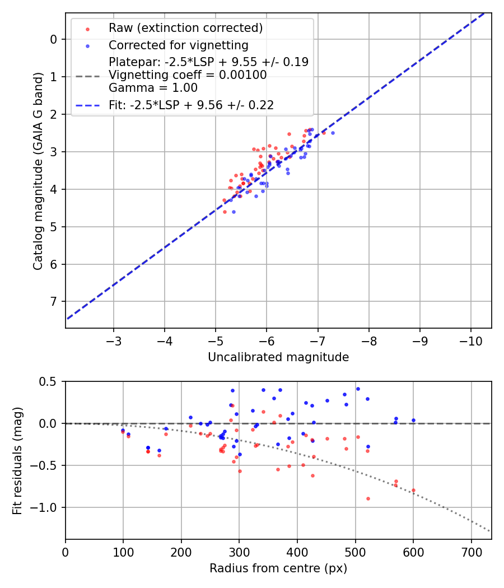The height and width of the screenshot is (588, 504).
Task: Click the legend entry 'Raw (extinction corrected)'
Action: [x=185, y=28]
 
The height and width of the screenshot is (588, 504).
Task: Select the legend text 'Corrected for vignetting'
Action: [x=179, y=45]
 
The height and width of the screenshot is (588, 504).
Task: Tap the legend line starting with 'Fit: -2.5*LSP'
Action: [x=191, y=104]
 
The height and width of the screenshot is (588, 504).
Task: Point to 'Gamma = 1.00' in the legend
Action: [x=153, y=87]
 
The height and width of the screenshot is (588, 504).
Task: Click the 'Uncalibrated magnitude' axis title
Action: [x=278, y=357]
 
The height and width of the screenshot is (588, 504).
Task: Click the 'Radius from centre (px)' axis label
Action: [x=278, y=568]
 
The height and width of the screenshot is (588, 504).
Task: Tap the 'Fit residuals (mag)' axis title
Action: [x=17, y=460]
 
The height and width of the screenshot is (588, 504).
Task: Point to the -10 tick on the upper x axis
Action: [x=470, y=341]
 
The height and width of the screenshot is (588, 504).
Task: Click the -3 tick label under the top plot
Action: [x=114, y=341]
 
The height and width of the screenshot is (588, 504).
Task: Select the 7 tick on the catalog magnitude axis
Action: [x=54, y=302]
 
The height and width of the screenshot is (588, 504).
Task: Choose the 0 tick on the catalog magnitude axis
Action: [x=54, y=39]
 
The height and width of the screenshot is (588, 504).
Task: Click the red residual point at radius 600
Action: [x=413, y=490]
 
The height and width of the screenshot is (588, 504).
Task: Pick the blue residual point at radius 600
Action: [x=413, y=420]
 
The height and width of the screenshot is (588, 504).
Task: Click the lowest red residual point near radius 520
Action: [x=368, y=498]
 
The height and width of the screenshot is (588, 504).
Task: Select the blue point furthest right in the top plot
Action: [x=333, y=133]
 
